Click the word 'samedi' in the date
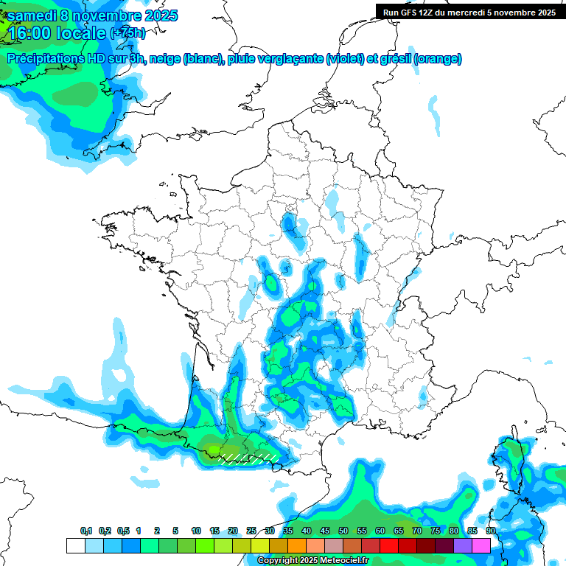click(x=32, y=15)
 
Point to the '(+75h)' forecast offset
click(x=127, y=33)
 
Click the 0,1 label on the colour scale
click(x=86, y=531)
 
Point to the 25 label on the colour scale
click(x=251, y=531)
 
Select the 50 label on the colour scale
click(x=343, y=531)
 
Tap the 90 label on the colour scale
click(x=490, y=531)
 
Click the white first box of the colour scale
click(x=75, y=545)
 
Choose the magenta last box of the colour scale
click(x=481, y=545)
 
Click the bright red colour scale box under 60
click(x=389, y=545)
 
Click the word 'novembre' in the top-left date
click(x=107, y=15)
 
